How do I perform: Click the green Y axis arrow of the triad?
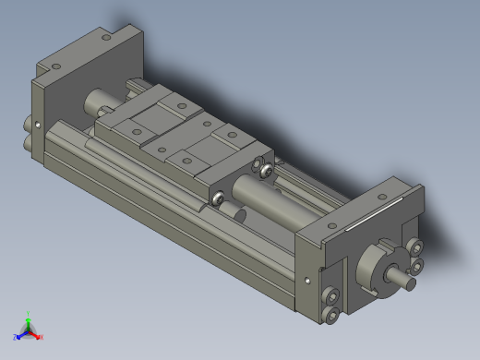(29, 317)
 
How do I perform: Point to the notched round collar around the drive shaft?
(379, 263)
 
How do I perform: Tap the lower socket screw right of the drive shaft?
(415, 266)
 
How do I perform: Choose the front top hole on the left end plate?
(54, 67)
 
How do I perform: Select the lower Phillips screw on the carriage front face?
(219, 197)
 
